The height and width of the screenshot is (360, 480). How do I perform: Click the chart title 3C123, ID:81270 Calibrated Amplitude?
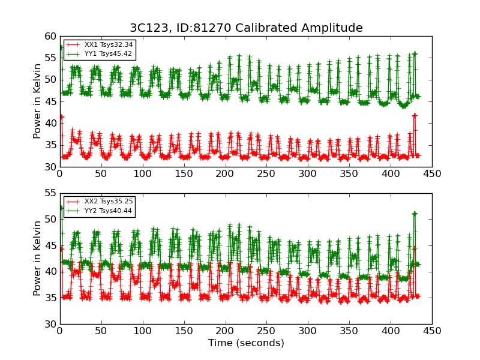pos(246,28)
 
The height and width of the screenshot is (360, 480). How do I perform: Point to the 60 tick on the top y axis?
pos(50,36)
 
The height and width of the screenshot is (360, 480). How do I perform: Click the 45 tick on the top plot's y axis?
pos(50,101)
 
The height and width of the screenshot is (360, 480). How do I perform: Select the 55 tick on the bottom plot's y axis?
pos(50,194)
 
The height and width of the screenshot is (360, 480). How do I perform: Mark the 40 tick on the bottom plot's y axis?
pos(50,272)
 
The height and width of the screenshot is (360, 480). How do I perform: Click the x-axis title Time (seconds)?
pos(246,343)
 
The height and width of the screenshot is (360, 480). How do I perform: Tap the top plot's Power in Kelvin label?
pos(37,101)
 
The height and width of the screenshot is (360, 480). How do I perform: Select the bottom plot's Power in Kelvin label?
pos(37,258)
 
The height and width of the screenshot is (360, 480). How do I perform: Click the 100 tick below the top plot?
pos(142,174)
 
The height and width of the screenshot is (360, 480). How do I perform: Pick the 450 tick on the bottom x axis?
pos(432,331)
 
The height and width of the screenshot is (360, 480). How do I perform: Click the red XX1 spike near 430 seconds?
pos(415,115)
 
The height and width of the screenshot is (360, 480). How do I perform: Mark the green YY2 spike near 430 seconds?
pos(415,214)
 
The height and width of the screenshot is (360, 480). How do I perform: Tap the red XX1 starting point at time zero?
pos(61,116)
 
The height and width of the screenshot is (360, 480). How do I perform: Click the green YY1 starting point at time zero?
pos(61,47)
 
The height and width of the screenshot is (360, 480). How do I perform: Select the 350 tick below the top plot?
pos(349,174)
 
